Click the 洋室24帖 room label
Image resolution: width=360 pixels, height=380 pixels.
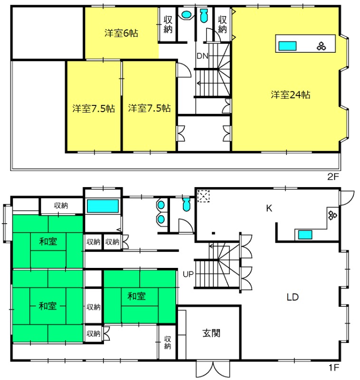point(291,95)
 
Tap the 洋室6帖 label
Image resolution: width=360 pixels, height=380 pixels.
point(122,33)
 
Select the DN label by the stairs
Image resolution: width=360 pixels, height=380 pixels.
point(202,56)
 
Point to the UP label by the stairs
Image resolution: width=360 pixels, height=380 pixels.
point(188,275)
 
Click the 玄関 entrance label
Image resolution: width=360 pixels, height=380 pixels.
point(211,333)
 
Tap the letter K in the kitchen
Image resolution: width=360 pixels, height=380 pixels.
point(269,208)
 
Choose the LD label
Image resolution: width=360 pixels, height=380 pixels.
point(293,297)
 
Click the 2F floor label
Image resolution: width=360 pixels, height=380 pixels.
point(333,177)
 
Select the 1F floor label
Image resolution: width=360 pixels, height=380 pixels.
point(333,368)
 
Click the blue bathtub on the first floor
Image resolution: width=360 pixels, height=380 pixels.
point(103,206)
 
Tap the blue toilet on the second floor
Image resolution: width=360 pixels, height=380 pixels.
point(204,16)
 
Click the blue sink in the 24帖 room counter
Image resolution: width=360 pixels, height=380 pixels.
point(287,46)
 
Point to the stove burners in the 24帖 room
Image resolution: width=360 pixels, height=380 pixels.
point(321,46)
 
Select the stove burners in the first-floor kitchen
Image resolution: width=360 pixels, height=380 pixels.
point(332,215)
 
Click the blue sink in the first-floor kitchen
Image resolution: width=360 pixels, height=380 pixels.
point(305,235)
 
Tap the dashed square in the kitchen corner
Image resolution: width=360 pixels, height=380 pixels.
point(203,196)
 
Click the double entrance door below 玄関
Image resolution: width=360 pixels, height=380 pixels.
point(213,369)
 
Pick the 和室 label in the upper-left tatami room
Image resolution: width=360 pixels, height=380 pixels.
point(48,241)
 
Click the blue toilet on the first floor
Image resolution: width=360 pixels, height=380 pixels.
point(186,204)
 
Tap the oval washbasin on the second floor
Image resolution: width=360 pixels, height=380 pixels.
point(186,14)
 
